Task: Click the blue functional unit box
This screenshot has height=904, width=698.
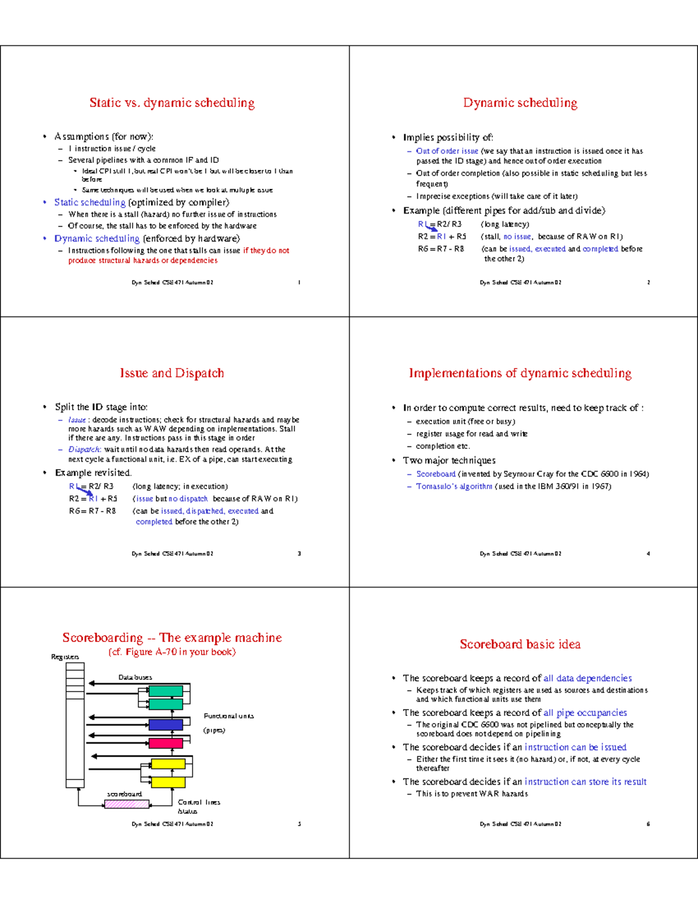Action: click(166, 725)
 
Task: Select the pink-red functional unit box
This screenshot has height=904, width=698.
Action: click(166, 743)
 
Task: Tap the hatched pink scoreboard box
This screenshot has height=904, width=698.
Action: click(127, 804)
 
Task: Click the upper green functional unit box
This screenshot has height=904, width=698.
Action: click(166, 691)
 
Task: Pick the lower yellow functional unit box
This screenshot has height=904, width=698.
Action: click(168, 782)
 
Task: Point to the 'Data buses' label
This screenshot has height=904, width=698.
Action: click(135, 678)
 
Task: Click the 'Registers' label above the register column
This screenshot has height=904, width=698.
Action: click(65, 657)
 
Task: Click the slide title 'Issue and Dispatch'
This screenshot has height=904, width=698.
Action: click(172, 373)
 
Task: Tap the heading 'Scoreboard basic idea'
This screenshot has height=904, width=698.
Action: click(520, 644)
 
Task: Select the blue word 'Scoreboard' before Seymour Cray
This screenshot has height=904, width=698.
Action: click(436, 474)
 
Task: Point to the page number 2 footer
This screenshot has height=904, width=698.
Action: click(648, 283)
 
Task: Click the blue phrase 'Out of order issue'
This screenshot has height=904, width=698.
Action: click(447, 151)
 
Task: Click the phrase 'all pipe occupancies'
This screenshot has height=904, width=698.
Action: click(585, 713)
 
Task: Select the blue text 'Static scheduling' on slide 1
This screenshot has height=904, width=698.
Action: click(90, 203)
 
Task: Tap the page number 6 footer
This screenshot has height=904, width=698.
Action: click(648, 824)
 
